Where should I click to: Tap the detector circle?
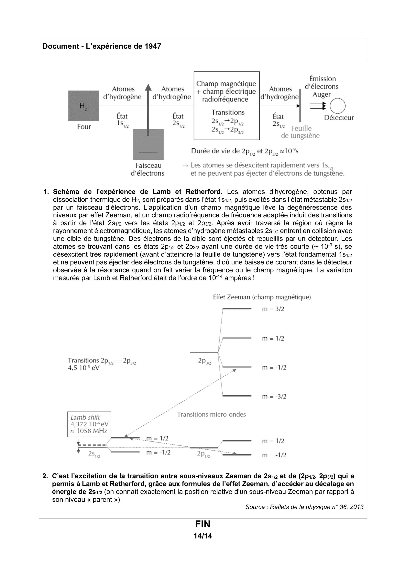337,106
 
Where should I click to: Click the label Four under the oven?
84,127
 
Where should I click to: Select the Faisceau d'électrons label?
148,169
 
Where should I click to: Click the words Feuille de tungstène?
301,132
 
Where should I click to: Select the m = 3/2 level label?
273,309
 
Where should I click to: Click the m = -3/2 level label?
274,396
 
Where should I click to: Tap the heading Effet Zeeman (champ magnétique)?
262,297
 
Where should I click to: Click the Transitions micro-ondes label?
211,414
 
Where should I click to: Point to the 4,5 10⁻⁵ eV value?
83,368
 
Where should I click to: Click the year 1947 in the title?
153,46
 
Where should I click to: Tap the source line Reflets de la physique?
304,507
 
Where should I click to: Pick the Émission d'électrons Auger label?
322,87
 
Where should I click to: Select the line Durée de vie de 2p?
245,151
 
